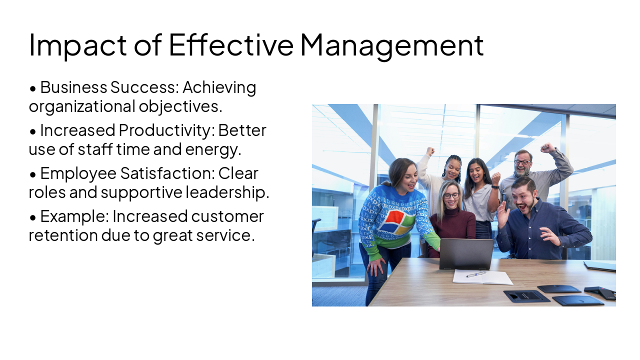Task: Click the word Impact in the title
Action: [77, 45]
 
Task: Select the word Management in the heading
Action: [391, 45]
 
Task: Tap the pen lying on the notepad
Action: [475, 274]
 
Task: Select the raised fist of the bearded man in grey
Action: [547, 147]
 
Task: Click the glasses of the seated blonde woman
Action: [451, 195]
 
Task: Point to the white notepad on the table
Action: [482, 277]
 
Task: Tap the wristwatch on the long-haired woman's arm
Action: [494, 187]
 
